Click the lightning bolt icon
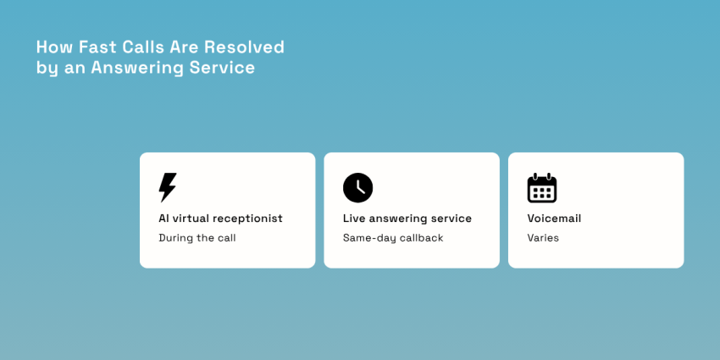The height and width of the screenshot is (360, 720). point(168,187)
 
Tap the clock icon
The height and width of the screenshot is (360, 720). point(357,187)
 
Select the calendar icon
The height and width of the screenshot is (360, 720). point(542,188)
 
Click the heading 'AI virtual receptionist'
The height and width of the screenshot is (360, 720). point(220,219)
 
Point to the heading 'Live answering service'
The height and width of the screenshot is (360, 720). point(407,219)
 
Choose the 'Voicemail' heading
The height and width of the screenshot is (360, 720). point(554,219)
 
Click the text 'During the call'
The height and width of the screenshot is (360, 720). point(197,238)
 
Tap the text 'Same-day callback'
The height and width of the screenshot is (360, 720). point(393,238)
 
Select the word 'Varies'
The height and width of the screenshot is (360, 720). point(543,238)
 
